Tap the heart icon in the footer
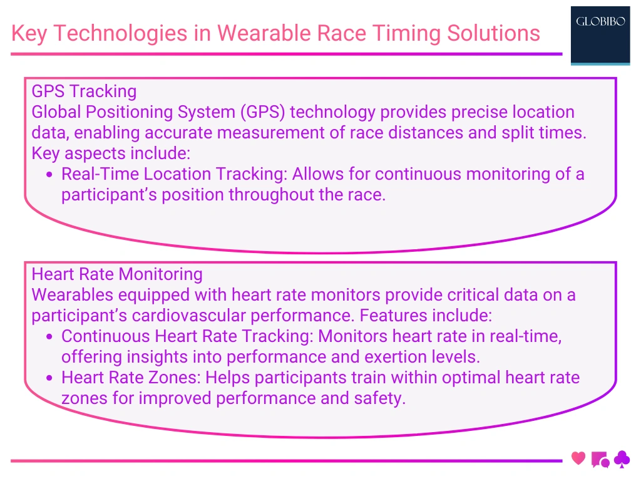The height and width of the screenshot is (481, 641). (578, 458)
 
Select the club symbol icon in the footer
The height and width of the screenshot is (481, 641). (622, 460)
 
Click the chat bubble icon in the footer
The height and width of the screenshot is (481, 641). (600, 460)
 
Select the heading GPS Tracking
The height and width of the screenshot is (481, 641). (84, 91)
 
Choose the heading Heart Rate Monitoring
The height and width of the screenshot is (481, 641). (117, 274)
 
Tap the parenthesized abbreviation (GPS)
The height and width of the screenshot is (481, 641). (254, 112)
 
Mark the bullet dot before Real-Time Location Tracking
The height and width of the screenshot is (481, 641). (49, 175)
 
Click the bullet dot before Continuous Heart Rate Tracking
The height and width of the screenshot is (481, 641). (49, 337)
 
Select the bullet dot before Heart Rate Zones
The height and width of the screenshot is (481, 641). (49, 378)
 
